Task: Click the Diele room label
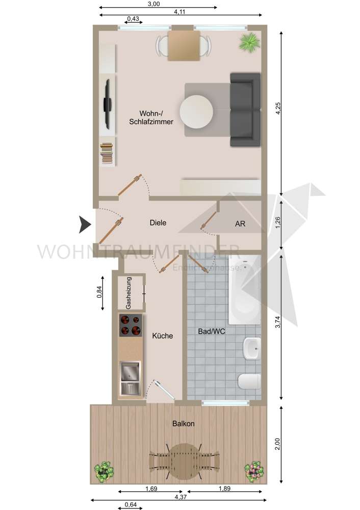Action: [x=158, y=223]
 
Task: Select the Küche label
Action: [x=163, y=336]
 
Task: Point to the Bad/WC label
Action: [x=212, y=331]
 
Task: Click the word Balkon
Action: [x=183, y=423]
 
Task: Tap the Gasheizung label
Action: [x=128, y=293]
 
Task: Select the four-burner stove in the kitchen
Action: [x=131, y=325]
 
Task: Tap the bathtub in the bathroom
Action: [x=245, y=291]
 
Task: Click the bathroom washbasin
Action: [x=252, y=349]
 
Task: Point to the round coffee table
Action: [x=196, y=112]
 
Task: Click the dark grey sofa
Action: [x=245, y=109]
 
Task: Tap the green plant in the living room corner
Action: [x=249, y=41]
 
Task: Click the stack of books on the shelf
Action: [x=107, y=153]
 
